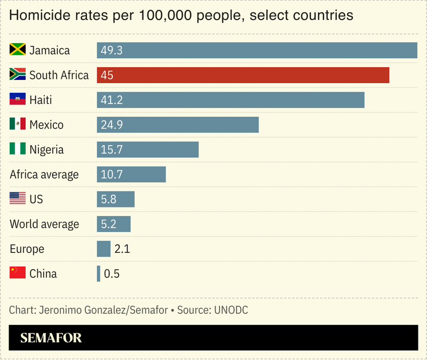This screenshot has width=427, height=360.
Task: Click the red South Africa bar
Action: click(x=243, y=75)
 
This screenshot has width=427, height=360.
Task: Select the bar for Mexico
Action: click(x=178, y=125)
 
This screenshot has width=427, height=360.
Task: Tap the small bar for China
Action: click(x=98, y=274)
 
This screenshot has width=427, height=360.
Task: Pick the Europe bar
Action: click(x=104, y=249)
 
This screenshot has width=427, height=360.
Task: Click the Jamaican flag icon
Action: click(x=18, y=50)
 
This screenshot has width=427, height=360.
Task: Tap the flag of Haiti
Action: click(x=18, y=100)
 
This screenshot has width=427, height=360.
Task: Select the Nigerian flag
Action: click(x=18, y=149)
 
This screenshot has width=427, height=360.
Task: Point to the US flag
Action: click(x=18, y=199)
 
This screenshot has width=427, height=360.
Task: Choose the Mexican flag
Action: click(x=18, y=125)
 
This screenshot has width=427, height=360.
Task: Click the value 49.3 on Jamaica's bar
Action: click(x=112, y=51)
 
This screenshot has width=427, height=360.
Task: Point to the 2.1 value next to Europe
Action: click(x=122, y=249)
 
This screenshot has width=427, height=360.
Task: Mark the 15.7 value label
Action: click(x=112, y=150)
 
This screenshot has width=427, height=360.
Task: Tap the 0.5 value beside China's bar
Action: click(x=112, y=274)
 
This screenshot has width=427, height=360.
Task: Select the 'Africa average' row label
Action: click(x=44, y=174)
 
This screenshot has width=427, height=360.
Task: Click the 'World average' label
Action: click(x=44, y=224)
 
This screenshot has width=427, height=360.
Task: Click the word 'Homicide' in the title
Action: click(x=38, y=15)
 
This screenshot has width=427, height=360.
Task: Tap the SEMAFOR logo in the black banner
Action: click(x=51, y=338)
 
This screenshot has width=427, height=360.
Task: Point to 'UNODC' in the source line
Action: click(x=231, y=310)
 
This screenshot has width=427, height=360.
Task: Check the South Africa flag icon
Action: click(x=18, y=75)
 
